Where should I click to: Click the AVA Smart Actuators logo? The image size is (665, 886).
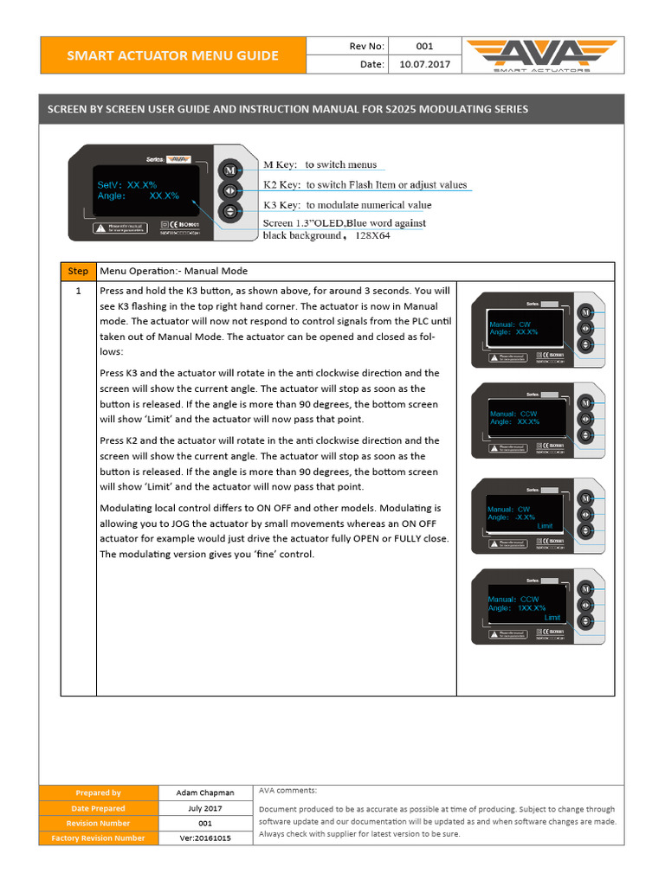[542, 56]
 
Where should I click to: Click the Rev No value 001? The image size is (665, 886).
[424, 47]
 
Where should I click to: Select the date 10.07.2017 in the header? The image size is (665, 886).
[424, 65]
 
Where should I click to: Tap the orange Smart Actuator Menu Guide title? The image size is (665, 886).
[173, 56]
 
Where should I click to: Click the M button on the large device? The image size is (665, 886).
[229, 170]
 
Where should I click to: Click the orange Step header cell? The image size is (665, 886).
[78, 271]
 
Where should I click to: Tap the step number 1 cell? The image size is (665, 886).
[78, 292]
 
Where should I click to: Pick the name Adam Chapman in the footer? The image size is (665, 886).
[204, 793]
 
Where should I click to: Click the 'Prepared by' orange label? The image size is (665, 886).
[98, 793]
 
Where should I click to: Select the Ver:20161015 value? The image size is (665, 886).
[204, 838]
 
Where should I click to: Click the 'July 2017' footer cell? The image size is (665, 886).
[204, 808]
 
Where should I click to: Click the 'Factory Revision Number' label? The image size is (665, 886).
[98, 838]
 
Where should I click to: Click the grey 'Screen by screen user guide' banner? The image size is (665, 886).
[332, 109]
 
